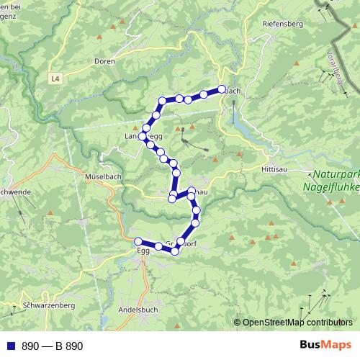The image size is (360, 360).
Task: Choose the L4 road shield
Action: [x=55, y=77]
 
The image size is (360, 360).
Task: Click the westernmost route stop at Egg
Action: [x=138, y=241]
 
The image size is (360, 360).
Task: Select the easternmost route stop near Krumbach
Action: [x=222, y=90]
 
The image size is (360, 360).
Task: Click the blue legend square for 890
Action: [x=10, y=346]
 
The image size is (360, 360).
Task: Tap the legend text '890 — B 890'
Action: [x=53, y=346]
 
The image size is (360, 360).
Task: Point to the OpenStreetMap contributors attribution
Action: [x=297, y=323]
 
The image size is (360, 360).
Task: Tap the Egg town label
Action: [x=142, y=252]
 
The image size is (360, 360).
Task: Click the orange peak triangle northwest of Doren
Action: [x=112, y=29]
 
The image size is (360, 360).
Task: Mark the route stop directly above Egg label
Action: [x=138, y=241]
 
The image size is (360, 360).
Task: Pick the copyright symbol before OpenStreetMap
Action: [x=237, y=323]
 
